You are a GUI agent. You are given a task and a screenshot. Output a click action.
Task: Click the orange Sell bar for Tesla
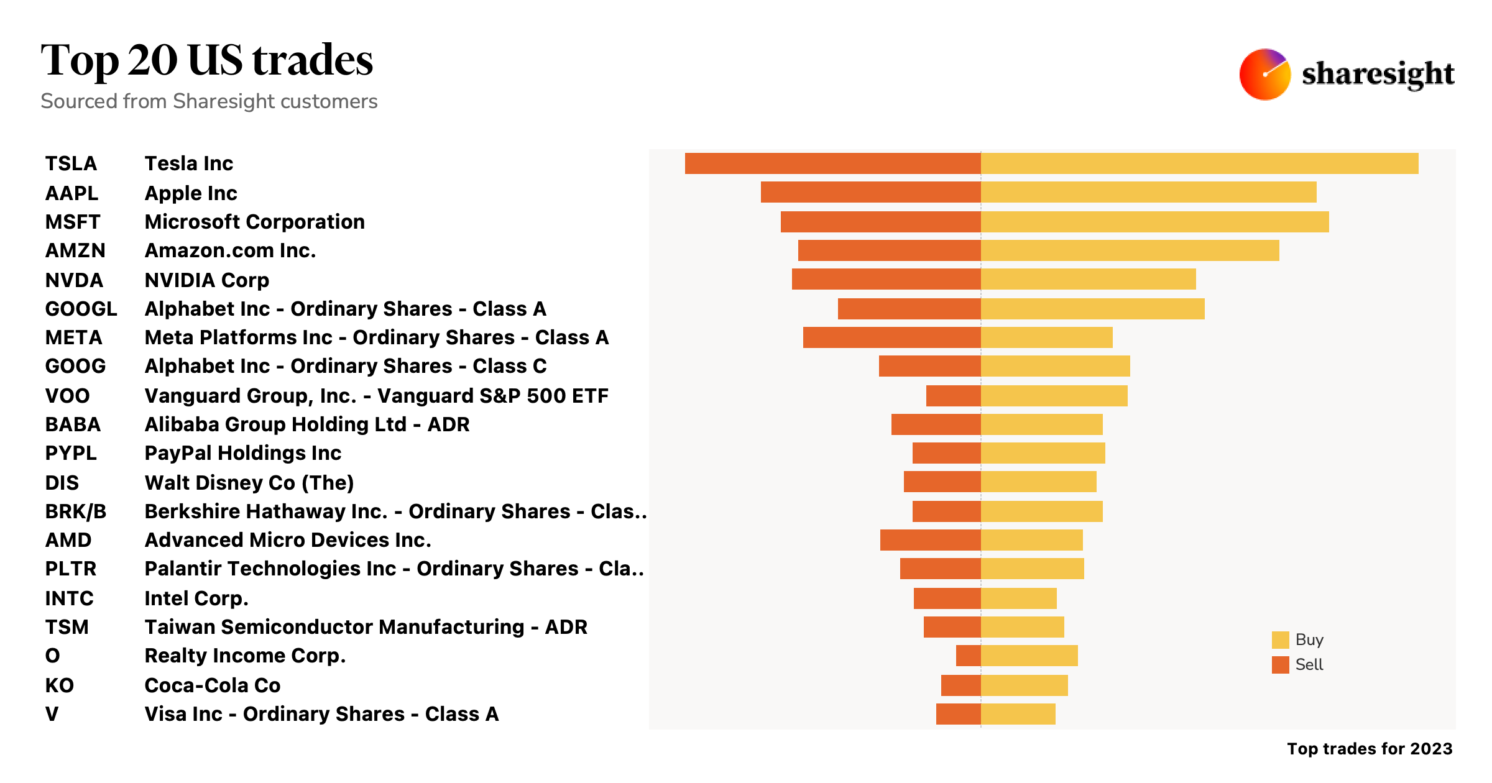833,163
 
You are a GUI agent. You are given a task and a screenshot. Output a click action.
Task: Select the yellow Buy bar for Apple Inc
1148,192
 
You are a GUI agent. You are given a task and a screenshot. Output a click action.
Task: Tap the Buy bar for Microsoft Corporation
1154,222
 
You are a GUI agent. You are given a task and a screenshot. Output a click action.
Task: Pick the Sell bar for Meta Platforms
891,337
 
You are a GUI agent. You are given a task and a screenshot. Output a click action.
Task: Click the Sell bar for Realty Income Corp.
968,656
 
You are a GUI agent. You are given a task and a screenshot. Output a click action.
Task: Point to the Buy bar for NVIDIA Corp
1088,279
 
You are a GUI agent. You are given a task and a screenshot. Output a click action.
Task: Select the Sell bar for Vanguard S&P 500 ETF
953,396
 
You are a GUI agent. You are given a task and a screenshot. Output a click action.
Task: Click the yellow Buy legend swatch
1280,640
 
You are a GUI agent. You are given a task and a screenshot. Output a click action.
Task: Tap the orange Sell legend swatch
1280,665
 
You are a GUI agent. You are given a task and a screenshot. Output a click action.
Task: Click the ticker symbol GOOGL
81,309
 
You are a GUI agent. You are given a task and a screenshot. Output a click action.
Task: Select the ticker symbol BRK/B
75,511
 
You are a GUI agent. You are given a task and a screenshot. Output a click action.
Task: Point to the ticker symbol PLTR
70,569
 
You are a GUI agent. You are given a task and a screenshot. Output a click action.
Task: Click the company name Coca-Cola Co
212,685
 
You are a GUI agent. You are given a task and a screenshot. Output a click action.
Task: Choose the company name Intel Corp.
196,598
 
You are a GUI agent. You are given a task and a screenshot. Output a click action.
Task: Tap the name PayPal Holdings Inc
242,453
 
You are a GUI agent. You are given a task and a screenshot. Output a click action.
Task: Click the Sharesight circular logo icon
1264,74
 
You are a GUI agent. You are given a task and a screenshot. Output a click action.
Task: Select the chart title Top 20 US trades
206,60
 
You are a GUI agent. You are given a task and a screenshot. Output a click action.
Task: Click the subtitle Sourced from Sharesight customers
209,101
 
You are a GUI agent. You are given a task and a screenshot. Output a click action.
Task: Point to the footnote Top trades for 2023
1369,749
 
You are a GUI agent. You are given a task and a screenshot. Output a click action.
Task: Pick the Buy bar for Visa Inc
1018,714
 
